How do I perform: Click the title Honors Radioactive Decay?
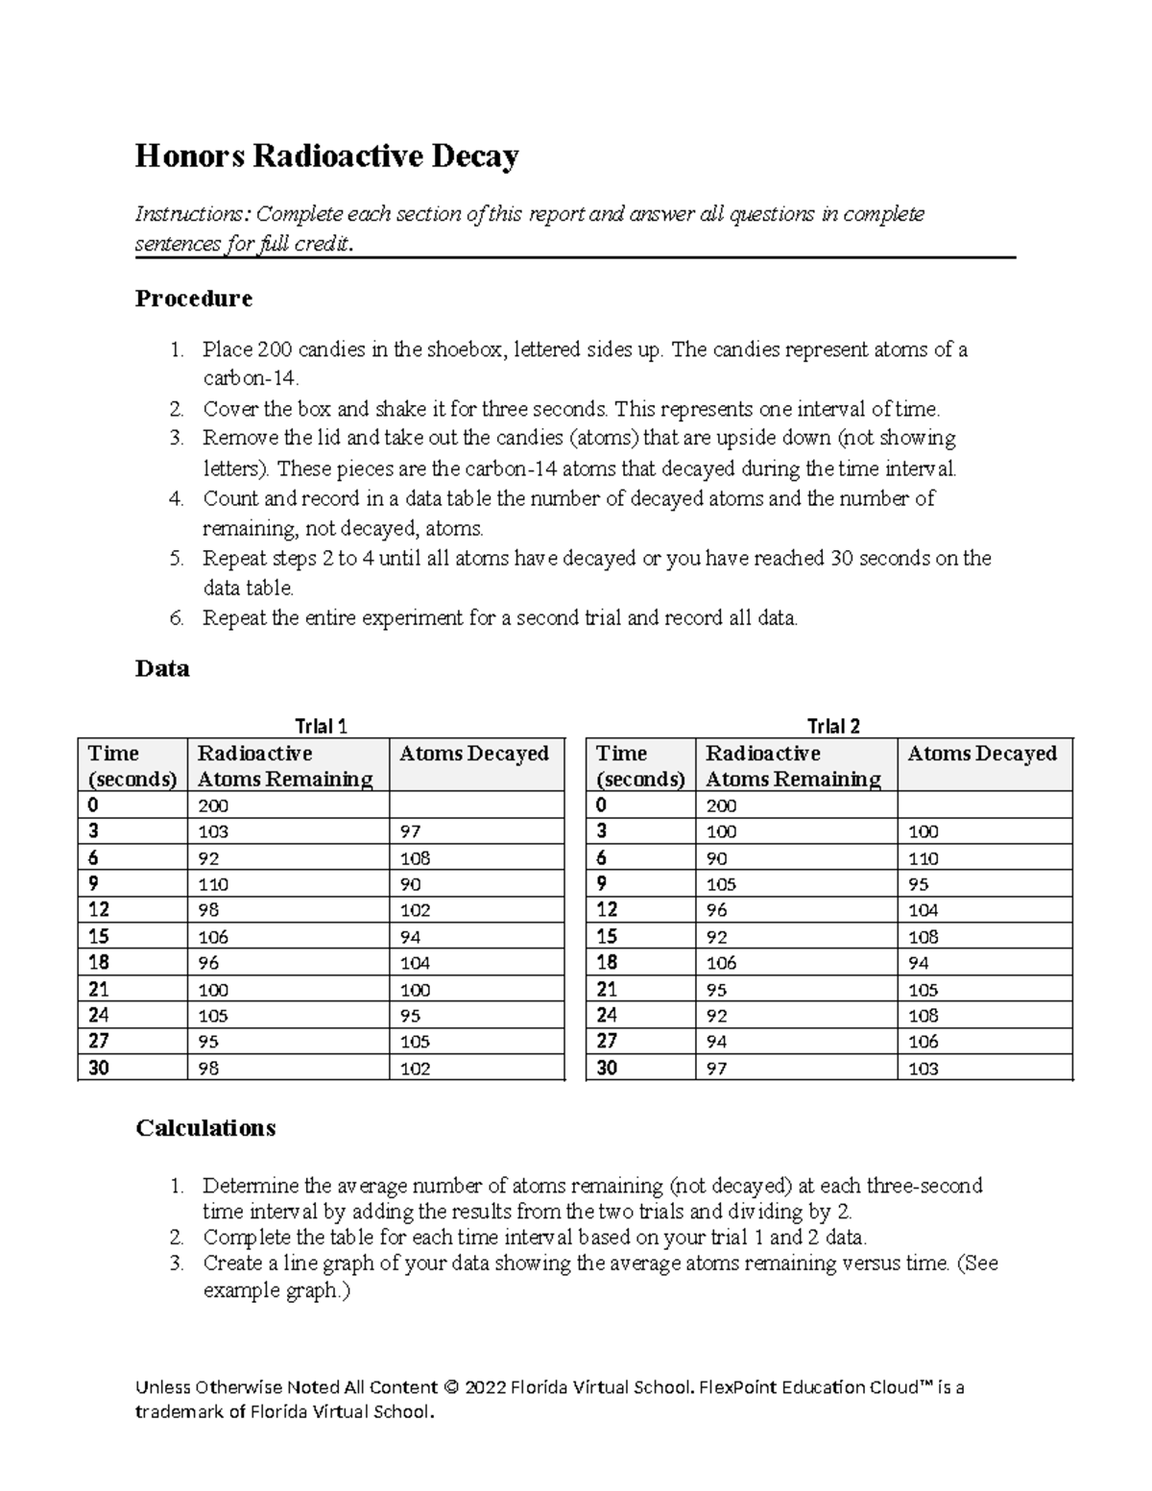click(x=326, y=156)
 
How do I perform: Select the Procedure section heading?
click(x=193, y=299)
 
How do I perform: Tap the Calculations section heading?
click(x=205, y=1127)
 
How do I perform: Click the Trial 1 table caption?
click(x=321, y=726)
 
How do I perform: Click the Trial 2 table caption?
click(x=833, y=726)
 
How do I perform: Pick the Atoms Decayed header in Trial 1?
click(x=473, y=754)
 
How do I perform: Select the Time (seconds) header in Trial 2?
click(x=640, y=765)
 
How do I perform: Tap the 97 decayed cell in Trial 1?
click(x=410, y=831)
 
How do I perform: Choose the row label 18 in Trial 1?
click(x=98, y=963)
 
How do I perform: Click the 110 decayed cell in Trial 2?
click(x=923, y=858)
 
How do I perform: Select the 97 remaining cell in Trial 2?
click(x=716, y=1069)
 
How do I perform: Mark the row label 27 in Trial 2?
click(x=607, y=1042)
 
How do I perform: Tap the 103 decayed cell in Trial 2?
click(x=923, y=1069)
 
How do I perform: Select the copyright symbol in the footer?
click(x=451, y=1387)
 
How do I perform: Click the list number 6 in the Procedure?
click(x=176, y=618)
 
